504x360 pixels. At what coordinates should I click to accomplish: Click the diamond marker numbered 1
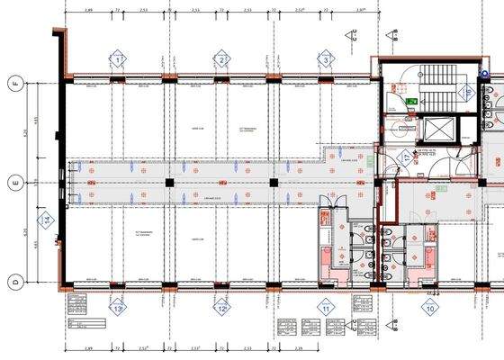click(x=116, y=60)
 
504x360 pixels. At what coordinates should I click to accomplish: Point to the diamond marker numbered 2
click(x=220, y=60)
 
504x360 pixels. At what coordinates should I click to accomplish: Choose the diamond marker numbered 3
click(x=325, y=60)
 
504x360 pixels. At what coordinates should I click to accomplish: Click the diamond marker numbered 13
click(x=117, y=308)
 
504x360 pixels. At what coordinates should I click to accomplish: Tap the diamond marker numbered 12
click(x=220, y=308)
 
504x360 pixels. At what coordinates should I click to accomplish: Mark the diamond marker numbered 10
click(x=430, y=308)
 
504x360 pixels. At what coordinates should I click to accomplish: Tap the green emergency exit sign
click(x=410, y=102)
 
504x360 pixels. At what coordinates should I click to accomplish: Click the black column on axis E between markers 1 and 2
click(x=168, y=183)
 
